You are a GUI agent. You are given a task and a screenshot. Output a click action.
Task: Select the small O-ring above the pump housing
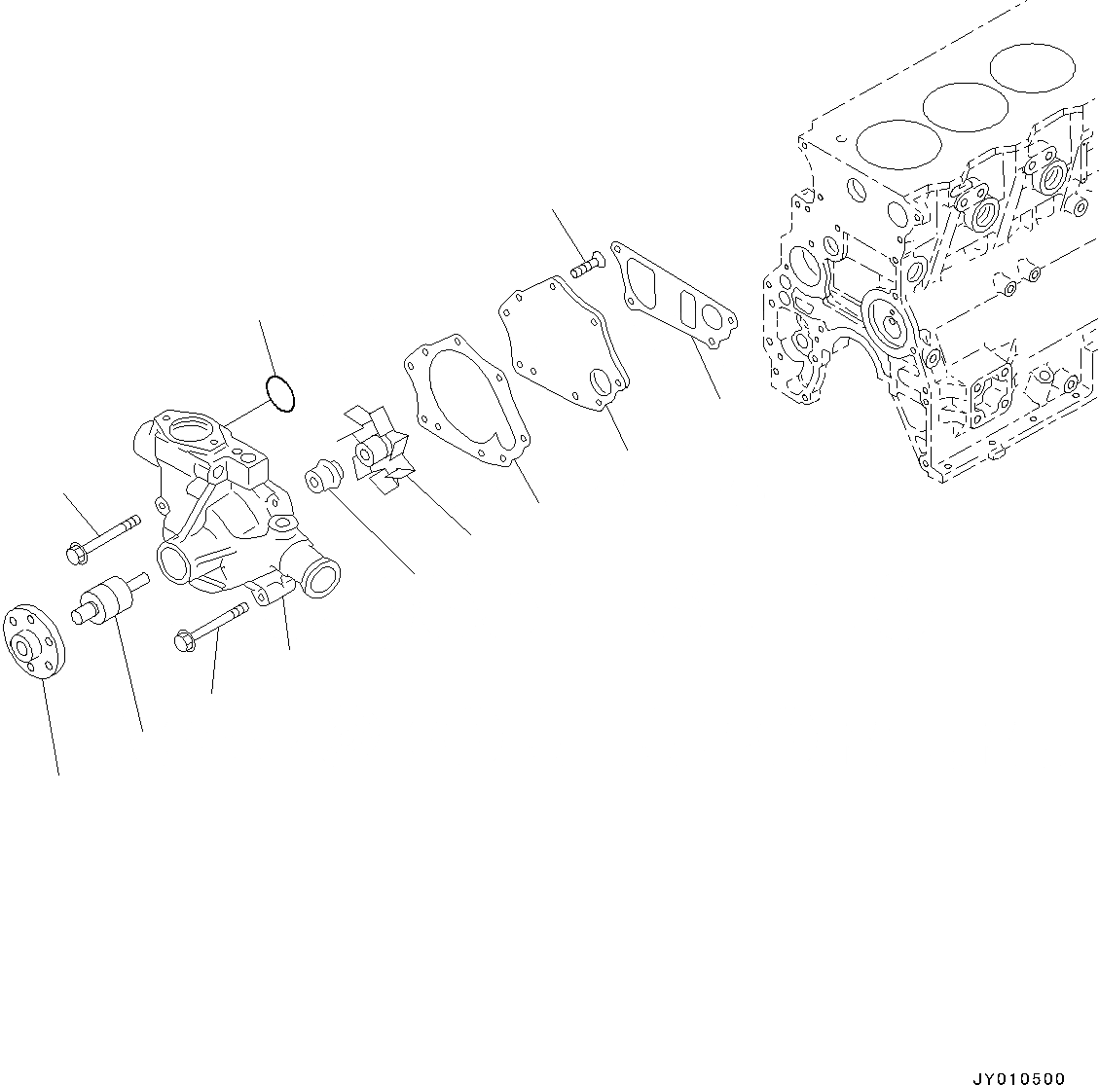coord(281,394)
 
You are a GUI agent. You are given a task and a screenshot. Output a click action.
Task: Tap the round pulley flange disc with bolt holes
coord(32,642)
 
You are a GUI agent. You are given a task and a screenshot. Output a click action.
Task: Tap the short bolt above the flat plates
coord(587,265)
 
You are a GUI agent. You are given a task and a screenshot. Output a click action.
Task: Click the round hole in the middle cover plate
coord(603,385)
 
